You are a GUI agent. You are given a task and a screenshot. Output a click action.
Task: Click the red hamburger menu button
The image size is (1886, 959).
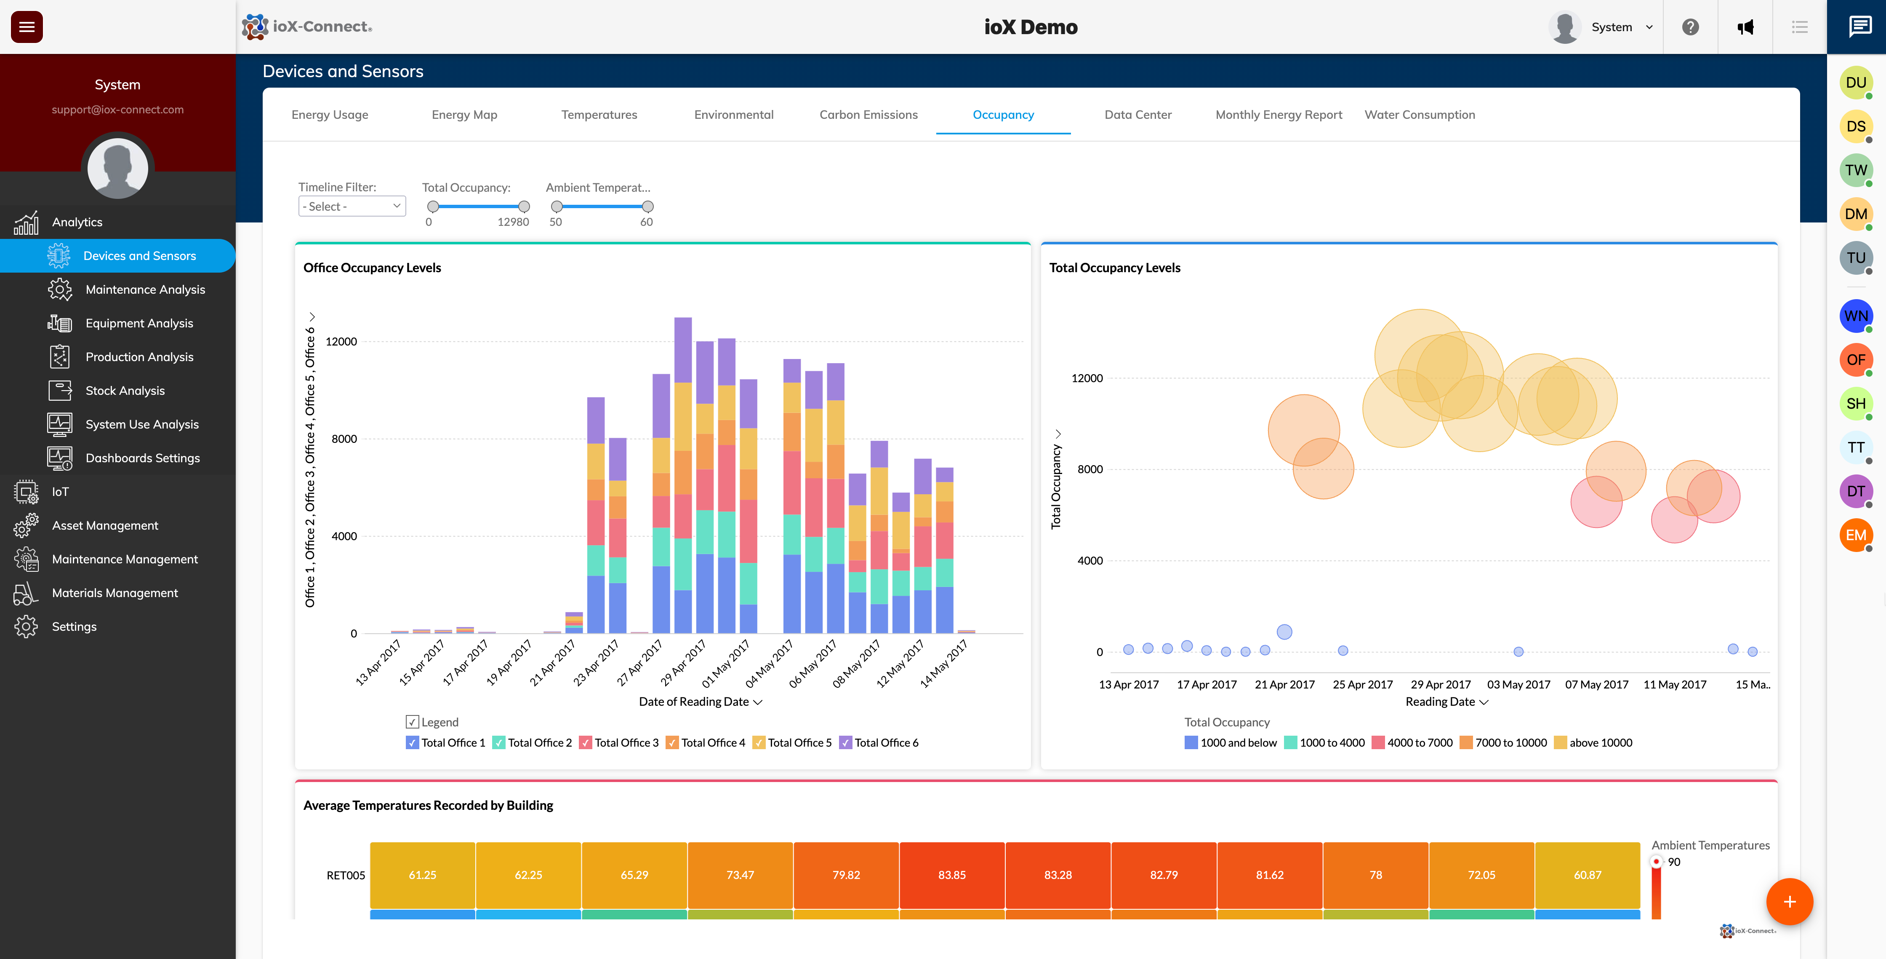[27, 27]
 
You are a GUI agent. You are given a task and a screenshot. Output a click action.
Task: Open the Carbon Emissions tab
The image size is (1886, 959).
[868, 115]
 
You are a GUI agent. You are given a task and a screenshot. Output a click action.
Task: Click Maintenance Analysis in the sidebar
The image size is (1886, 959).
[145, 289]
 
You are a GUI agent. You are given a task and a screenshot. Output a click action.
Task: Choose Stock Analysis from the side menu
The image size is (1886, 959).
[125, 391]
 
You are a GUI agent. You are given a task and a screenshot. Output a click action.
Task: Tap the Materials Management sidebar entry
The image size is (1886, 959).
[115, 593]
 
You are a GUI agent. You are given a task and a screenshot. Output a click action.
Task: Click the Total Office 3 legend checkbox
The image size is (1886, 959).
[586, 743]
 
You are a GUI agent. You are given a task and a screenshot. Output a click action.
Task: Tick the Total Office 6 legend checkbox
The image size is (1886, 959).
[846, 743]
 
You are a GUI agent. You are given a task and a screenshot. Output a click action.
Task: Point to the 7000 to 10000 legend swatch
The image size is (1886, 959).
[1466, 743]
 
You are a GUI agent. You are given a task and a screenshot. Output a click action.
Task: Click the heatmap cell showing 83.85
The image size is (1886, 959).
[952, 875]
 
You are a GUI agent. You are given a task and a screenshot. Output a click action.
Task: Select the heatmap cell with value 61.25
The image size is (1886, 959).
[422, 875]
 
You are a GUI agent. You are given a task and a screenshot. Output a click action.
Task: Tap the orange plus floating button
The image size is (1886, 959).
[1789, 902]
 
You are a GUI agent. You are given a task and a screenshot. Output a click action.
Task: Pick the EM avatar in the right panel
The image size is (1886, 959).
[1855, 536]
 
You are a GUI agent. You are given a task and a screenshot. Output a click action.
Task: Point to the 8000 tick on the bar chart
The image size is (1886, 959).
[344, 439]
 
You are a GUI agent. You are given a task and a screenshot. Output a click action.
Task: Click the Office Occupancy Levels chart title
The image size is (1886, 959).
[372, 268]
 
